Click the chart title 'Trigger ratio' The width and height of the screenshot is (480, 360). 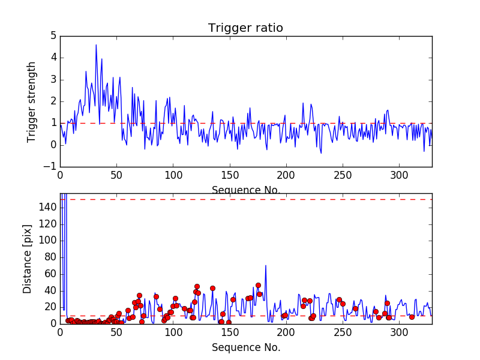click(245, 28)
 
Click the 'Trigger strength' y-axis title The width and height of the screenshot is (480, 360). click(31, 102)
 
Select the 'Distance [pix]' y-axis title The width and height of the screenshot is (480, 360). click(27, 259)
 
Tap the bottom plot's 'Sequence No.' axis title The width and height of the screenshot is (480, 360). click(246, 347)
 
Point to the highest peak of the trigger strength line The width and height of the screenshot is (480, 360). click(96, 44)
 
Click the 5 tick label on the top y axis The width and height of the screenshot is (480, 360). click(54, 36)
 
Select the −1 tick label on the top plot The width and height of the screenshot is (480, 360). click(50, 167)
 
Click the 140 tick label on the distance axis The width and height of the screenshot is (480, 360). click(48, 207)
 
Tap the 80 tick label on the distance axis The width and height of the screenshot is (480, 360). click(51, 257)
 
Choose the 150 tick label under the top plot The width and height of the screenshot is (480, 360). click(230, 175)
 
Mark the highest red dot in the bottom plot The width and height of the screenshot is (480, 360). click(259, 286)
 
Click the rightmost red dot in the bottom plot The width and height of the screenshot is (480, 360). click(412, 317)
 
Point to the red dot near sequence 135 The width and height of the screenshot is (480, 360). click(212, 289)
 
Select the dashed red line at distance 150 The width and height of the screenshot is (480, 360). click(246, 200)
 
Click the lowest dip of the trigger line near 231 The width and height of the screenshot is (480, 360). click(321, 153)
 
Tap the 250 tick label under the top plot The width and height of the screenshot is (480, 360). click(343, 175)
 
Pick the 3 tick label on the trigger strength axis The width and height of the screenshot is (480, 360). click(54, 80)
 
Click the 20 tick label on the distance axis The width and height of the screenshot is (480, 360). click(51, 307)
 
